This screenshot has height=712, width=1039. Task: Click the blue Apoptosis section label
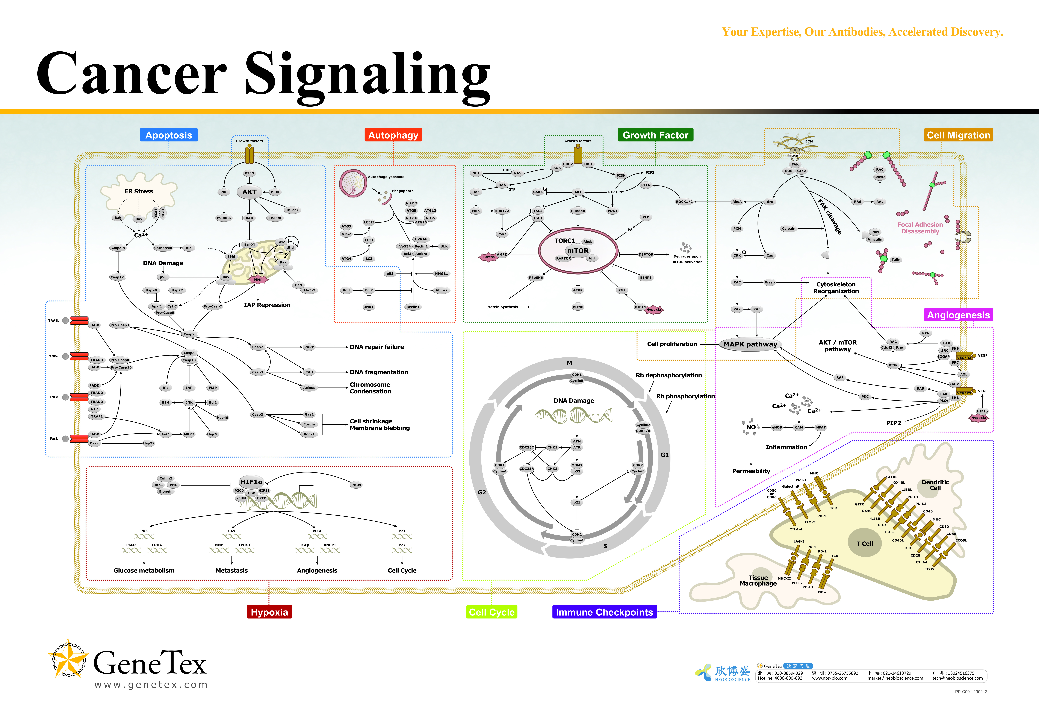coord(169,135)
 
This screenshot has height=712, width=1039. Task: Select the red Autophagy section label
coord(393,135)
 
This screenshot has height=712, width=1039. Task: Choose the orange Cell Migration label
coord(958,135)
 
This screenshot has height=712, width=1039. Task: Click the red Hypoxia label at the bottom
coord(269,612)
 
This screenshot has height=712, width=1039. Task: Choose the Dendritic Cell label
coord(935,485)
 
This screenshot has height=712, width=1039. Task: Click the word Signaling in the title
coord(368,74)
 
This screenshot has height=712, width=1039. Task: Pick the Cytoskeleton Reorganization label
coord(836,288)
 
